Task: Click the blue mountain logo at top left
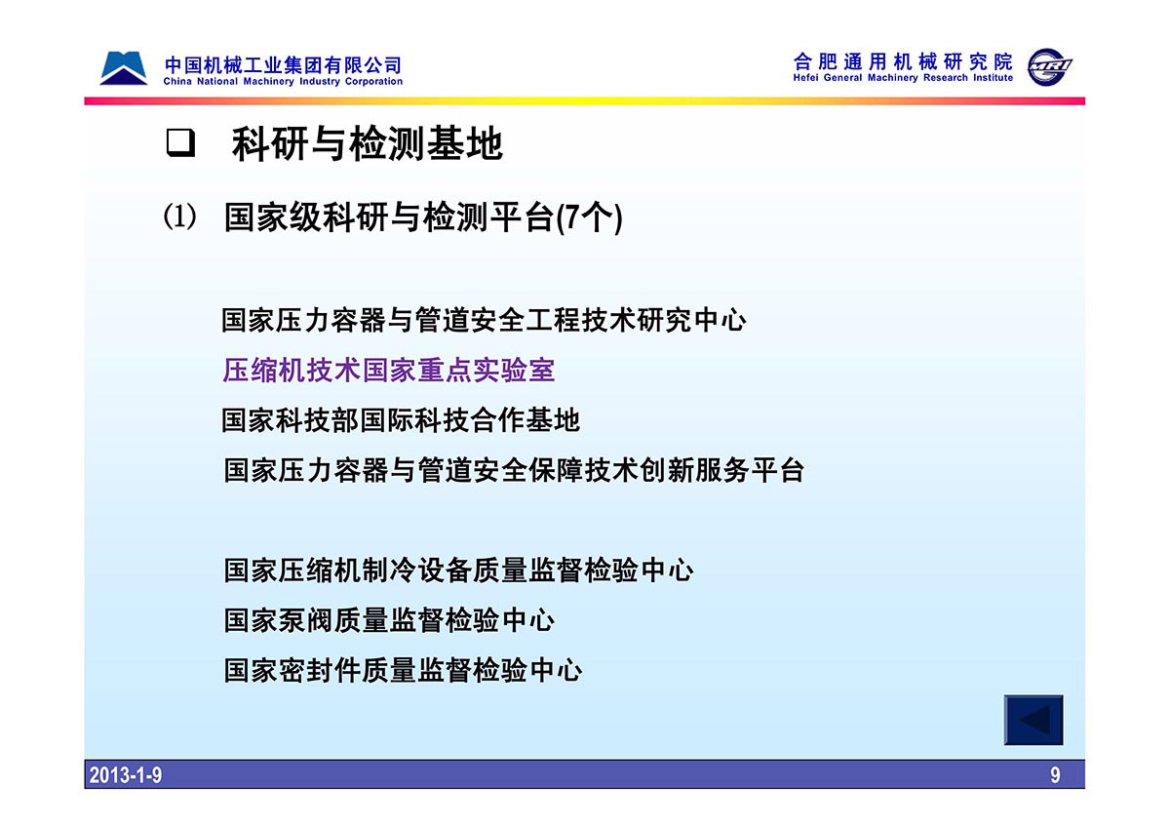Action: click(x=123, y=68)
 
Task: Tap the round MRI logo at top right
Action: click(x=1048, y=67)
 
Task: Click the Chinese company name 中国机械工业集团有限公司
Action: click(x=283, y=65)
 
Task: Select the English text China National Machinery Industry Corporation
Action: click(x=283, y=82)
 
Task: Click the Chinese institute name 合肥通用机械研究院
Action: click(x=903, y=61)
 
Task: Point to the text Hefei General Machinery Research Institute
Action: click(x=903, y=78)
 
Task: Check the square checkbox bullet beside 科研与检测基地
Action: click(x=180, y=142)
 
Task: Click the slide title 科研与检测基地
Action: click(x=367, y=143)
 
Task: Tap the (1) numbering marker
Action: click(x=180, y=217)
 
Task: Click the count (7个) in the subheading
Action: click(x=590, y=218)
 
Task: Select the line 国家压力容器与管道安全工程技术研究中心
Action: click(x=484, y=320)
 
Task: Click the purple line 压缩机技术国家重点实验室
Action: click(x=388, y=370)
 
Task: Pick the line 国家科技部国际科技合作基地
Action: click(x=400, y=420)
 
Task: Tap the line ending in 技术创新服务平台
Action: click(x=514, y=470)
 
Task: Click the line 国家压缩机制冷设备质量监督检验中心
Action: click(x=458, y=570)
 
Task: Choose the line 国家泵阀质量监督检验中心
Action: click(x=389, y=620)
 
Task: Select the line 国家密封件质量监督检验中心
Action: click(x=403, y=670)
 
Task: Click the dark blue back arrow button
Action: click(x=1033, y=720)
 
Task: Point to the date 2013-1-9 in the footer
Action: click(x=126, y=775)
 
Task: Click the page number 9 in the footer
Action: click(x=1055, y=775)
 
